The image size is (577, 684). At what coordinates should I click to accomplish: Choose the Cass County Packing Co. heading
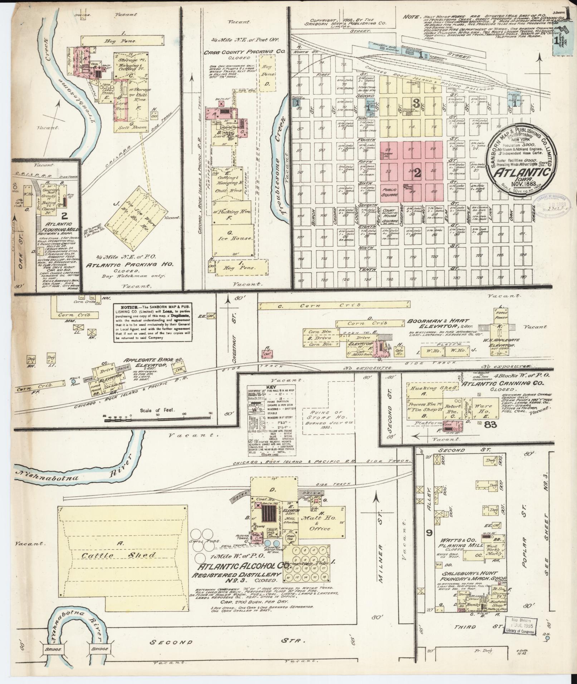244,52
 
